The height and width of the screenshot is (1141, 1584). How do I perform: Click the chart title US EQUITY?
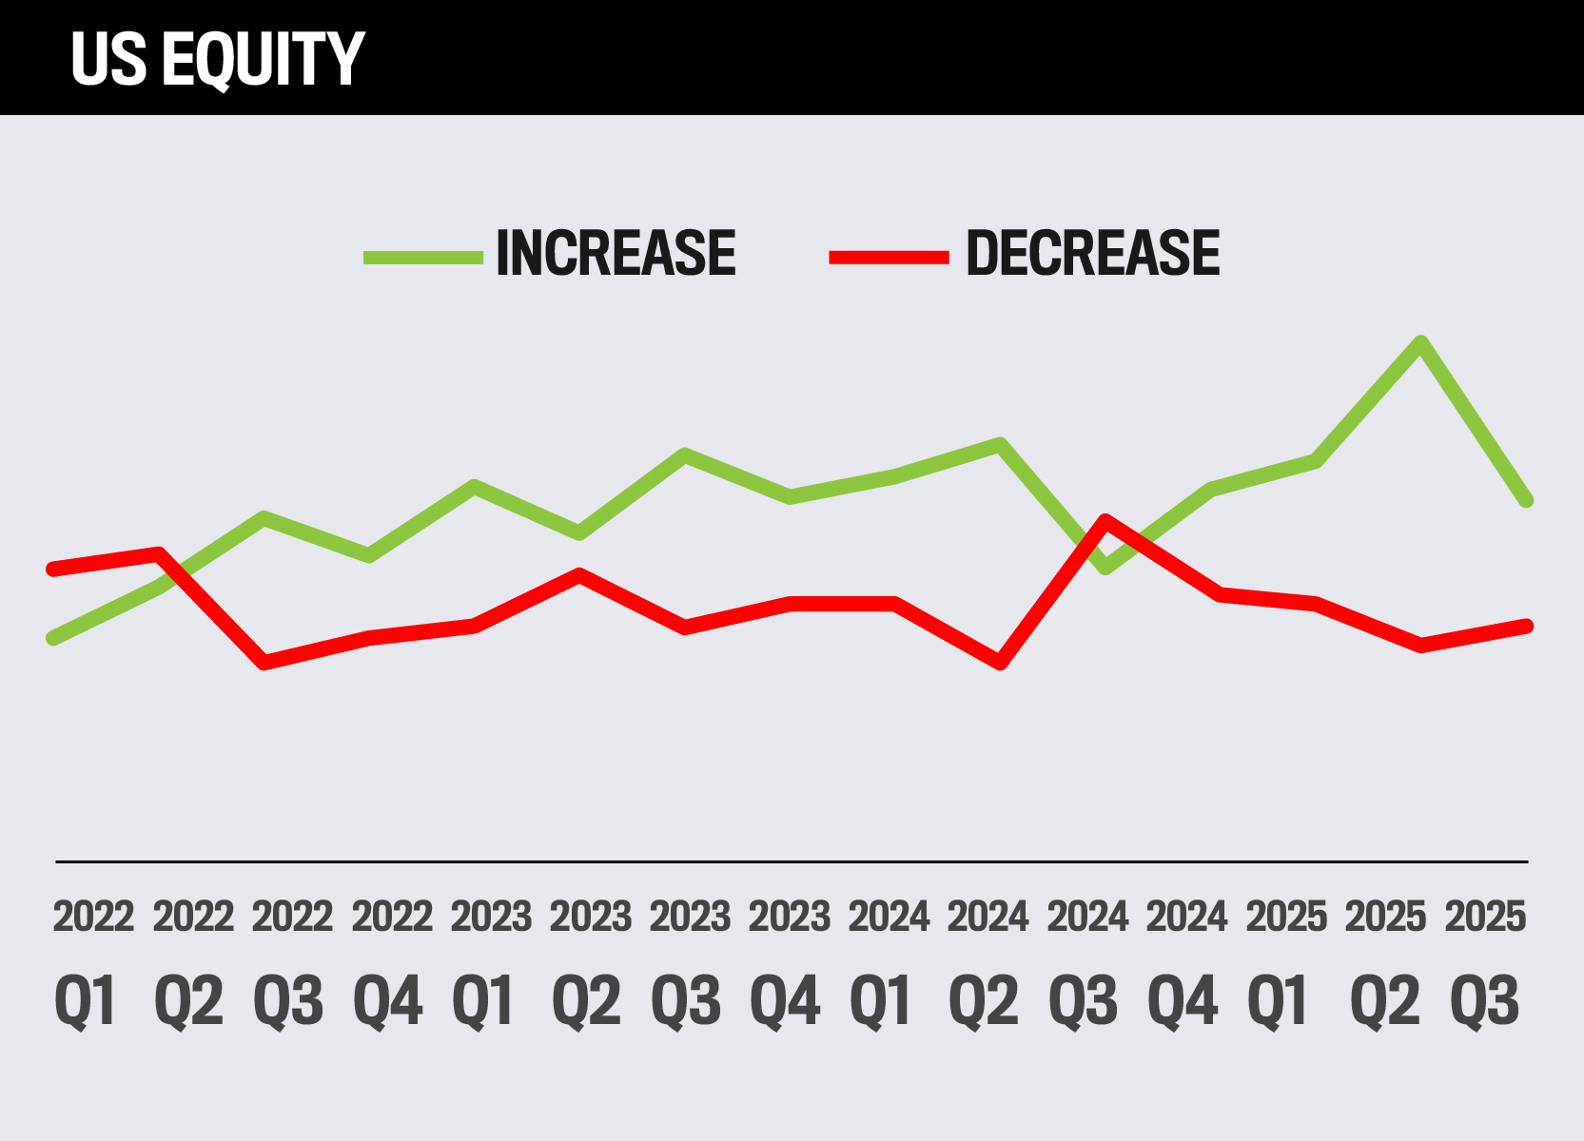(217, 59)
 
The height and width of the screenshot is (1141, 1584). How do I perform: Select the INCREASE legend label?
(616, 254)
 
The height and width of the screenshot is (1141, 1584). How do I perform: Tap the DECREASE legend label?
(1092, 254)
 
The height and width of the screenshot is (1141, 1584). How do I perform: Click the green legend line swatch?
(423, 257)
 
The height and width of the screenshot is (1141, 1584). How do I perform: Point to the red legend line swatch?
(890, 257)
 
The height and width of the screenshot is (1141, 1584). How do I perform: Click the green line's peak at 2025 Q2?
(1420, 342)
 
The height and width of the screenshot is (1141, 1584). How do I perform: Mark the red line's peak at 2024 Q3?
(1105, 520)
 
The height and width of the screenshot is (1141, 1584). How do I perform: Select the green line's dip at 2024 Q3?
(1105, 568)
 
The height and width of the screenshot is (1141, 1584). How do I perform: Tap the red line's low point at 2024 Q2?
(1000, 663)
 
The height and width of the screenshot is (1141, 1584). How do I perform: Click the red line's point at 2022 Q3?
(264, 663)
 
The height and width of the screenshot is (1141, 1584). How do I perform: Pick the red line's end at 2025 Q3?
(1526, 626)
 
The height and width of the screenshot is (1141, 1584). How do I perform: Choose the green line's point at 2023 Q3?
(685, 454)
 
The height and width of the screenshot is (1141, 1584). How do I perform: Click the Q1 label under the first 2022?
(86, 1001)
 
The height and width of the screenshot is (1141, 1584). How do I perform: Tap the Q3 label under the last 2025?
(1484, 1001)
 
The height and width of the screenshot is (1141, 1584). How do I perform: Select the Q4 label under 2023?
(785, 1001)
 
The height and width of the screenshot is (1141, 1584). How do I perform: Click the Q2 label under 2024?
(984, 1001)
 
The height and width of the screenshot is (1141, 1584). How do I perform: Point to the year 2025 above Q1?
(1286, 918)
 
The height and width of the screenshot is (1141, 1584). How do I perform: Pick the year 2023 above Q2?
(591, 918)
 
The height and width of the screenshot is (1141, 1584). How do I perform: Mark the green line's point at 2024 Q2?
(1000, 444)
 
